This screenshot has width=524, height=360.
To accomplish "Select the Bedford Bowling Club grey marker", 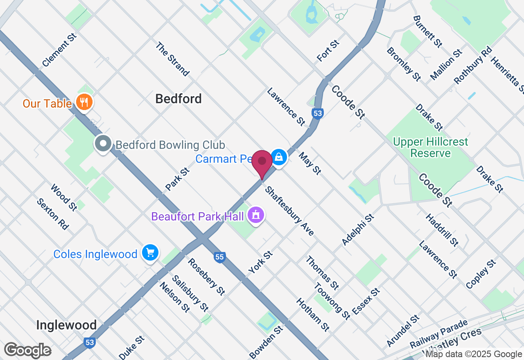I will (103, 144).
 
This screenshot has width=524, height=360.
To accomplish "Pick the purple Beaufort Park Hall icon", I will (256, 215).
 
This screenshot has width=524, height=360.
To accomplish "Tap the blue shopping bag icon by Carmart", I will (279, 157).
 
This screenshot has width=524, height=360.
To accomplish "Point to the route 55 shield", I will (220, 257).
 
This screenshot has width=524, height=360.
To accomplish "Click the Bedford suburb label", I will (178, 99).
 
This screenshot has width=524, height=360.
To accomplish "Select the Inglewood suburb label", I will (66, 325).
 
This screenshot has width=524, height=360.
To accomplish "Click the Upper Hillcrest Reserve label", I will (430, 148).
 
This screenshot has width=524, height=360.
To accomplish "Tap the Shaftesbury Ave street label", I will (289, 211).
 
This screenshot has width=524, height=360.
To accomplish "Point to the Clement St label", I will (59, 50).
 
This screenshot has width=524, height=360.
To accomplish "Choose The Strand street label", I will (172, 59).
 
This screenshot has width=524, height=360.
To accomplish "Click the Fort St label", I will (328, 51).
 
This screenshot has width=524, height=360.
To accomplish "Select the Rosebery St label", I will (206, 277).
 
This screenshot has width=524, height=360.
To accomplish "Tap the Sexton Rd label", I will (52, 214).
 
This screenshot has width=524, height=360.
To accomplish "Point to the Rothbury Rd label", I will (472, 65).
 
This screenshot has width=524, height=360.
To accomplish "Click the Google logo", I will (27, 350).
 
